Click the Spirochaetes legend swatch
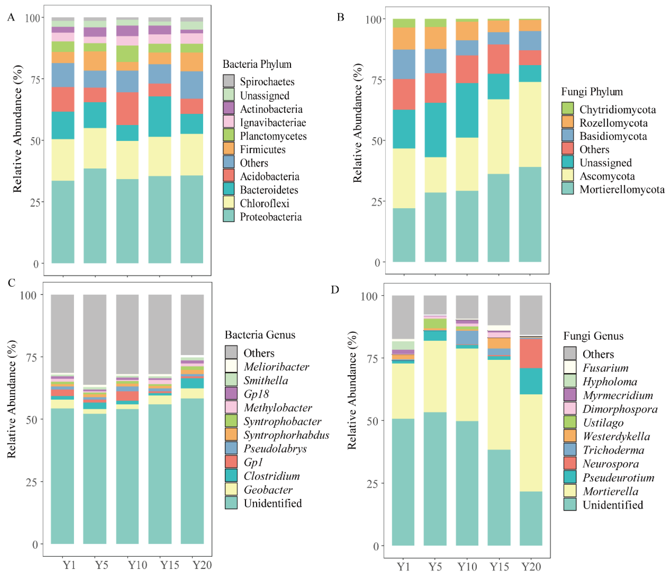(x=229, y=81)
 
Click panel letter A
(x=11, y=17)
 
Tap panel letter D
(x=335, y=289)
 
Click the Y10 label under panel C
(x=137, y=565)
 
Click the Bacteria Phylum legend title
(x=257, y=64)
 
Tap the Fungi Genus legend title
(x=593, y=336)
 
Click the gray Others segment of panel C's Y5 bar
(x=95, y=339)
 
